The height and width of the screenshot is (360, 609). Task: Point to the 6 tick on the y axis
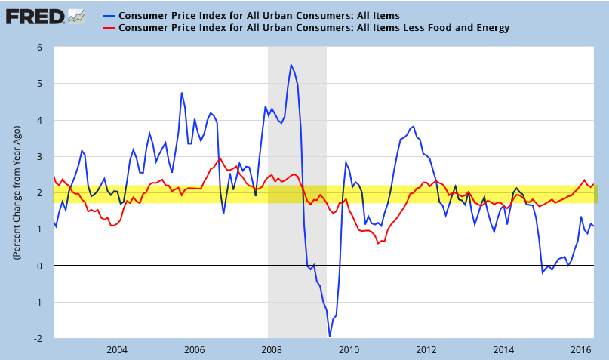pos(38,47)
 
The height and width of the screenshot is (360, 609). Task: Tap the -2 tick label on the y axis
pos(36,339)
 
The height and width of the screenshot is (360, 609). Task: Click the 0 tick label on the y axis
pos(38,266)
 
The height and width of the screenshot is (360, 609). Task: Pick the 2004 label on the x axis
pos(116,350)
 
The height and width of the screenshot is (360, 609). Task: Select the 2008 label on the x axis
pos(271,350)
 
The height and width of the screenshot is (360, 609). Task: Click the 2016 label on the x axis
pos(581,350)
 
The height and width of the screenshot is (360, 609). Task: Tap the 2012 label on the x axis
pos(426,350)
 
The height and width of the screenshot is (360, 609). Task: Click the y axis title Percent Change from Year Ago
pos(16,192)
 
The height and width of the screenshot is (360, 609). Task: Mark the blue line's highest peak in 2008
pos(291,64)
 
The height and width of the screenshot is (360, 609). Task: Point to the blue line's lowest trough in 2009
pos(330,336)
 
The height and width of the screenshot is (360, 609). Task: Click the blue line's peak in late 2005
pos(181,93)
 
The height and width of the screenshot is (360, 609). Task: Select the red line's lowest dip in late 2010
pos(378,243)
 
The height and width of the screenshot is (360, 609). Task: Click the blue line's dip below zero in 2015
pos(543,272)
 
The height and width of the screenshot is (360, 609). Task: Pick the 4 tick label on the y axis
pos(38,120)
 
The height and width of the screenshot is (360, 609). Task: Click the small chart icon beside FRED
pos(75,14)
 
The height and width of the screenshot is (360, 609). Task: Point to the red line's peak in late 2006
pos(219,158)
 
